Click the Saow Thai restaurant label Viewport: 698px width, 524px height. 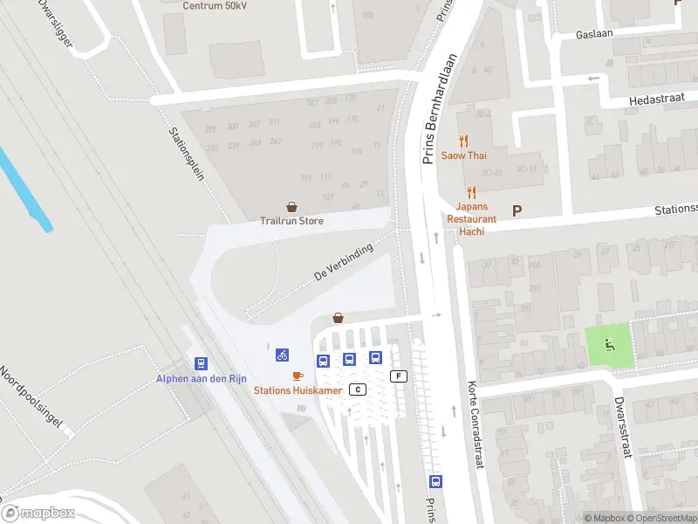coord(463,155)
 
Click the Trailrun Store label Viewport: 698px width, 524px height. coord(291,221)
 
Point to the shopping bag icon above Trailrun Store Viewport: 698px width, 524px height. coord(291,207)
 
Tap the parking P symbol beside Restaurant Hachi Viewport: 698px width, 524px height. coord(517,210)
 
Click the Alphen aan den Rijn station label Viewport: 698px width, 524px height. coord(201,378)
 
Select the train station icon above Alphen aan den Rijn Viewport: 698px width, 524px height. coord(201,363)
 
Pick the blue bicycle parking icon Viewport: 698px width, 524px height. coord(282,355)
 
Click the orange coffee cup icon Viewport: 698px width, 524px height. coord(298,376)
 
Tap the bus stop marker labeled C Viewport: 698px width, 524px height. coord(357,389)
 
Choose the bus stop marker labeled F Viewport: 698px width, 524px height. coord(400,376)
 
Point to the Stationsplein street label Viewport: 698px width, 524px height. coord(186,154)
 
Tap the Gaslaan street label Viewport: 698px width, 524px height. coord(596,34)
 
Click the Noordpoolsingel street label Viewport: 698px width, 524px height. coord(31,396)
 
